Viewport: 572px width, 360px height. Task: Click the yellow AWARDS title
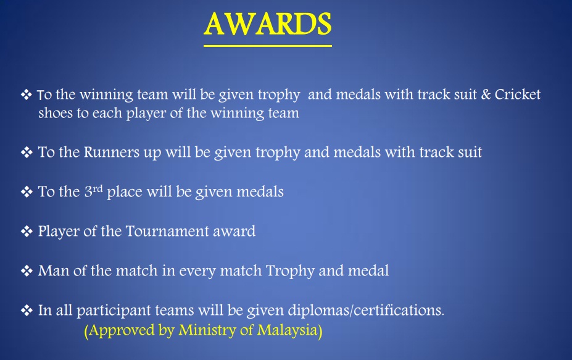coord(268,23)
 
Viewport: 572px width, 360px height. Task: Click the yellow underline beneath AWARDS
coord(268,46)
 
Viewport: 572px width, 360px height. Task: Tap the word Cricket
coord(517,94)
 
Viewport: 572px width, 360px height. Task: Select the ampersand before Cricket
coord(486,94)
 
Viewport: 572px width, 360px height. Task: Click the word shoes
coord(56,113)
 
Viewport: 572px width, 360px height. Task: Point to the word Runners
coord(112,153)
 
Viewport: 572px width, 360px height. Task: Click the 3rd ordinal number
coord(94,191)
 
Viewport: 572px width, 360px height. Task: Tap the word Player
coord(59,232)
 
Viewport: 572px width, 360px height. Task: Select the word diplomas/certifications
coord(366,311)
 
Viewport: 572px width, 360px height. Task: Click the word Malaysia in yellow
coord(289,330)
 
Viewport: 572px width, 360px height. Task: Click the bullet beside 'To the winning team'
coord(27,94)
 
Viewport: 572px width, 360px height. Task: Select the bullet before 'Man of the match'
coord(27,271)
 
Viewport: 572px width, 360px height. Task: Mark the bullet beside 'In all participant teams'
coord(27,311)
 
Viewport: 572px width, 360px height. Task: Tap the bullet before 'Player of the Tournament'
coord(27,232)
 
